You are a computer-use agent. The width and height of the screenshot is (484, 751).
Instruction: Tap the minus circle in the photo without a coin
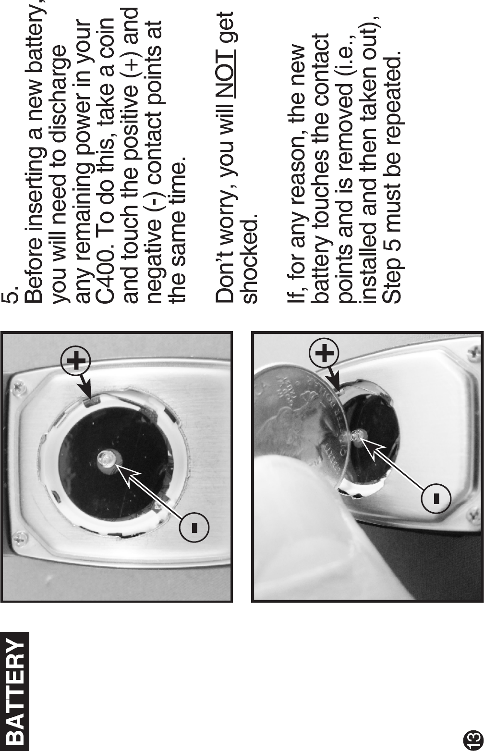click(194, 528)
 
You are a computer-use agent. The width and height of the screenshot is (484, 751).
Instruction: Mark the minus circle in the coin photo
click(436, 499)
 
